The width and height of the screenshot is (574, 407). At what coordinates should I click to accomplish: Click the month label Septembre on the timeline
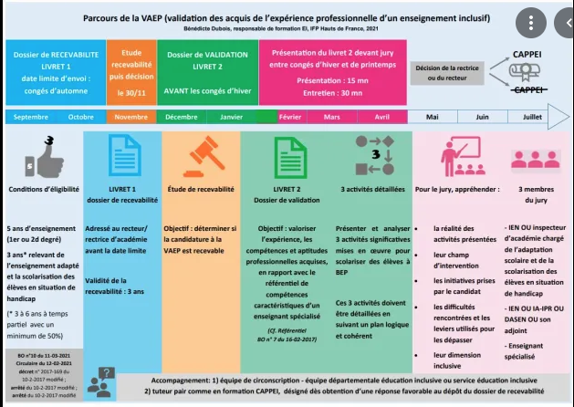tap(31, 117)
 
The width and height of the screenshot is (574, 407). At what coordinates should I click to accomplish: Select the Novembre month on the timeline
tap(130, 117)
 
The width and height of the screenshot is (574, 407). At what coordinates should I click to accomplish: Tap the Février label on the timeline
tap(290, 117)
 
